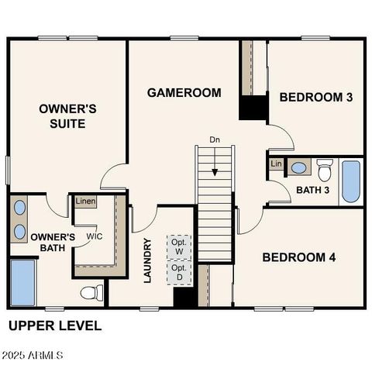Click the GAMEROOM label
(x=184, y=93)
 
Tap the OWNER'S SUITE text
(x=67, y=116)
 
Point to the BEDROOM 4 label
(x=298, y=257)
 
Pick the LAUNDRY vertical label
(x=148, y=260)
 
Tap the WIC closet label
(x=94, y=236)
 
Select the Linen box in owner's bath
(x=85, y=201)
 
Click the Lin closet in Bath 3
(x=276, y=164)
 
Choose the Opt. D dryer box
(x=179, y=272)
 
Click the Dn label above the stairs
(x=215, y=140)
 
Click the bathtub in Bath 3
(x=351, y=181)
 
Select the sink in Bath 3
(x=298, y=167)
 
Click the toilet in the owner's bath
(x=92, y=293)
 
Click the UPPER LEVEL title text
(x=54, y=325)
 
